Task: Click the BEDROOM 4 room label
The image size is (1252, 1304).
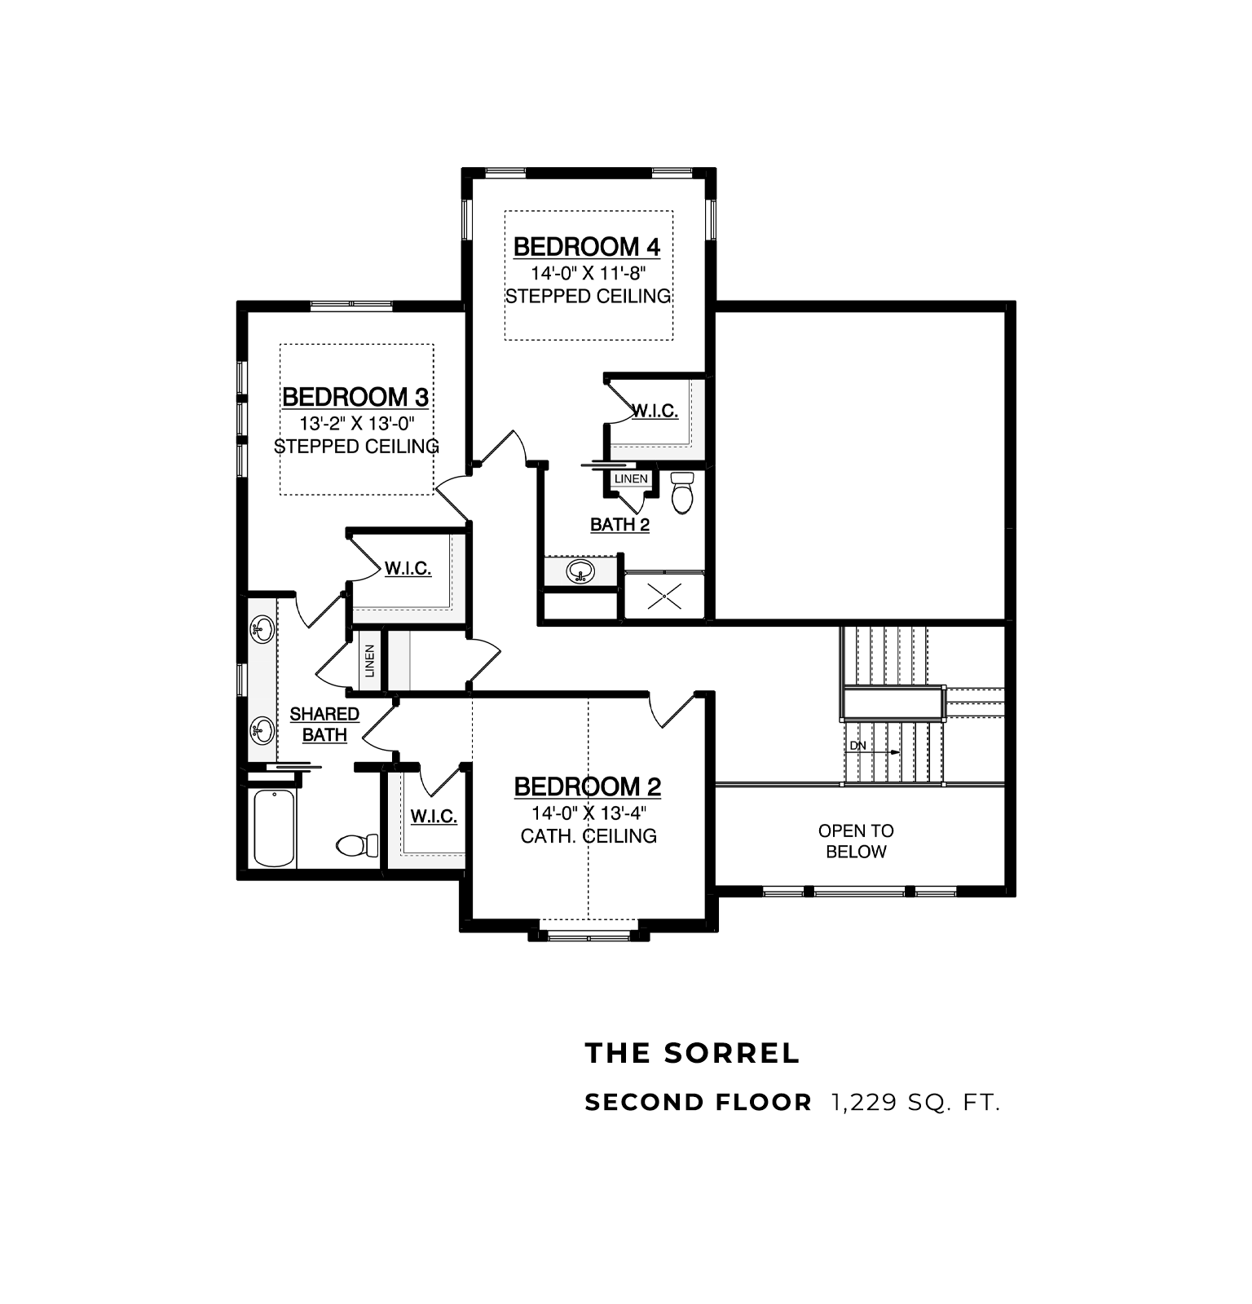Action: point(587,246)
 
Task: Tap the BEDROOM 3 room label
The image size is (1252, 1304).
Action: point(355,397)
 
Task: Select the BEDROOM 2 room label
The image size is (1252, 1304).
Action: point(588,786)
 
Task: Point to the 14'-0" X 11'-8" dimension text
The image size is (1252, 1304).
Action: point(589,273)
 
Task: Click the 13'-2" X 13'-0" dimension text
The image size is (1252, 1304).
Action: point(357,424)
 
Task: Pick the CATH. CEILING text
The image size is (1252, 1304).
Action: point(589,835)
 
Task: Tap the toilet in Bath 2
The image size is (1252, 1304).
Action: point(681,492)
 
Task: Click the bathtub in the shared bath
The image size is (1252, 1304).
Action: point(274,828)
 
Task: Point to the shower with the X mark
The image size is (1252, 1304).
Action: point(664,596)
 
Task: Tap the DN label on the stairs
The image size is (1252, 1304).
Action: point(858,746)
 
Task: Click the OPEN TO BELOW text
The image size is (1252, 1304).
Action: point(856,841)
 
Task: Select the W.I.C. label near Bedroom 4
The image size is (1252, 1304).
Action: point(655,411)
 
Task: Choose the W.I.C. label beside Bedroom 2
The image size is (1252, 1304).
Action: point(434,816)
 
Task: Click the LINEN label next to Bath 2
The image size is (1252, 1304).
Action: point(631,478)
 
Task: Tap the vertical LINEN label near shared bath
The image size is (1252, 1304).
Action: point(370,661)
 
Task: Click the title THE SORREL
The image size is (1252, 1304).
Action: point(693,1053)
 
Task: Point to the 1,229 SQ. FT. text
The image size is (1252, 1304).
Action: point(915,1103)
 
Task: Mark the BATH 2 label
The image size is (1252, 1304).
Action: point(619,525)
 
